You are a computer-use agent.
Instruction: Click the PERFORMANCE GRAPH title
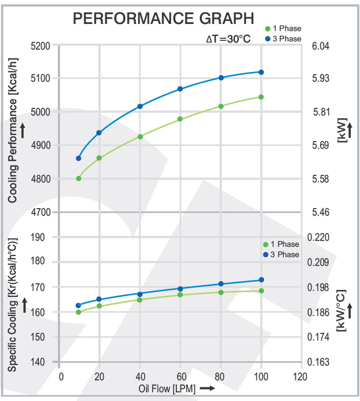point(163,19)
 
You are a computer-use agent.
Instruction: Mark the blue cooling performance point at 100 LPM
point(261,72)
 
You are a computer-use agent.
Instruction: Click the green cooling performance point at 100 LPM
point(261,97)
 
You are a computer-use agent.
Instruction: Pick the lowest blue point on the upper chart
point(78,159)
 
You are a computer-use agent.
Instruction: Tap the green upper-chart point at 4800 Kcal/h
point(78,178)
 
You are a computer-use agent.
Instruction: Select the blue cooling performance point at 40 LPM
point(140,106)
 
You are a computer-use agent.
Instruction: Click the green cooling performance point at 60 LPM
point(180,119)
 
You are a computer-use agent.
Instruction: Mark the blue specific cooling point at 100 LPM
point(261,280)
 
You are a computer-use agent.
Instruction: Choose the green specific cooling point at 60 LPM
point(180,295)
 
